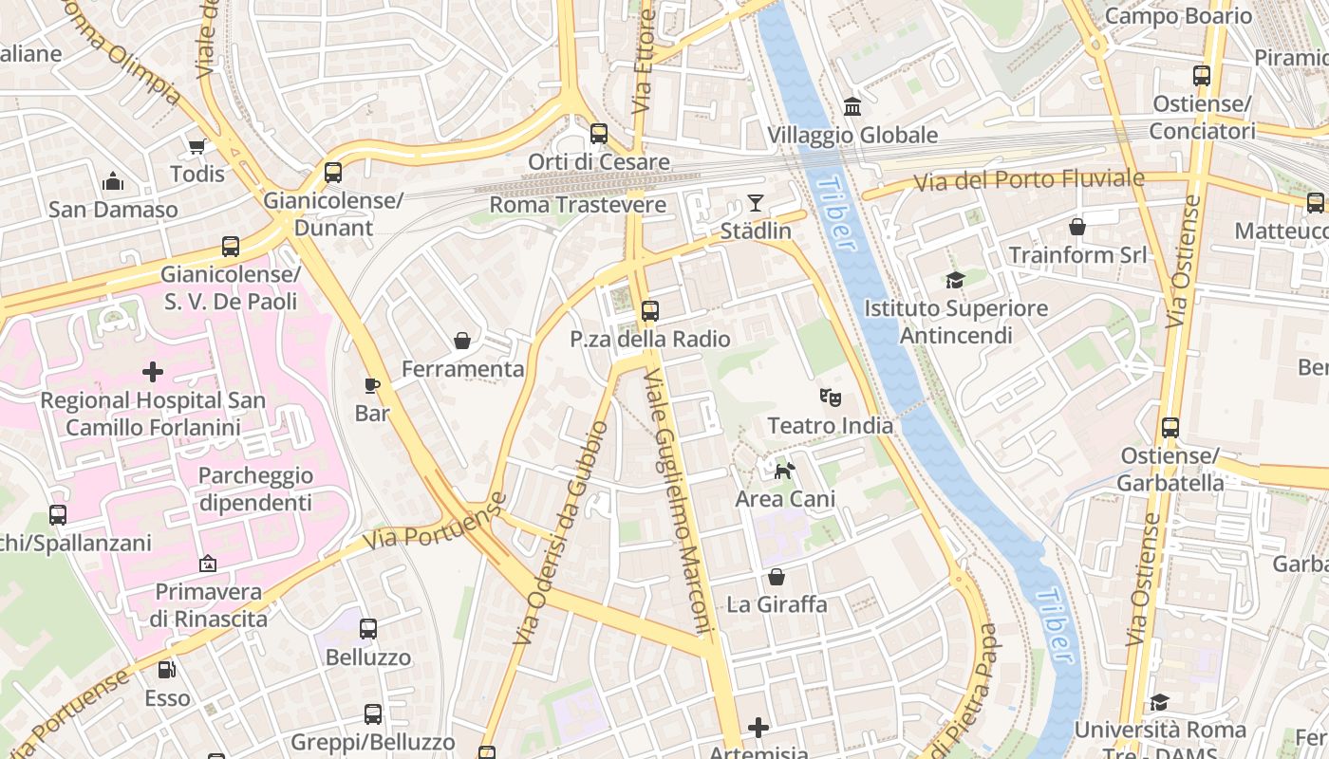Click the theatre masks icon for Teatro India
pyautogui.click(x=831, y=398)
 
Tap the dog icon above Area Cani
pyautogui.click(x=784, y=471)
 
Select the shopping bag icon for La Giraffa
pyautogui.click(x=777, y=577)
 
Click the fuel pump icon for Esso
pyautogui.click(x=167, y=670)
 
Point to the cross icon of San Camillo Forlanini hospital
pyautogui.click(x=153, y=372)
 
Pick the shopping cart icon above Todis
pyautogui.click(x=197, y=146)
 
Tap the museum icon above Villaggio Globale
pyautogui.click(x=852, y=106)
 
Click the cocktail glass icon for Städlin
pyautogui.click(x=755, y=203)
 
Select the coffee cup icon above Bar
pyautogui.click(x=372, y=385)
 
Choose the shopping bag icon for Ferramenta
pyautogui.click(x=462, y=341)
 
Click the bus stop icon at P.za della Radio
pyautogui.click(x=650, y=311)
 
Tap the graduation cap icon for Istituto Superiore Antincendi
pyautogui.click(x=955, y=280)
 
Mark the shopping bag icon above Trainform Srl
pyautogui.click(x=1077, y=227)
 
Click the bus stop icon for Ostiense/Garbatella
pyautogui.click(x=1170, y=428)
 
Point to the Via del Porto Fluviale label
pyautogui.click(x=1029, y=179)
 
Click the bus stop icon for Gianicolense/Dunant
pyautogui.click(x=333, y=173)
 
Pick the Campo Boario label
pyautogui.click(x=1178, y=16)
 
